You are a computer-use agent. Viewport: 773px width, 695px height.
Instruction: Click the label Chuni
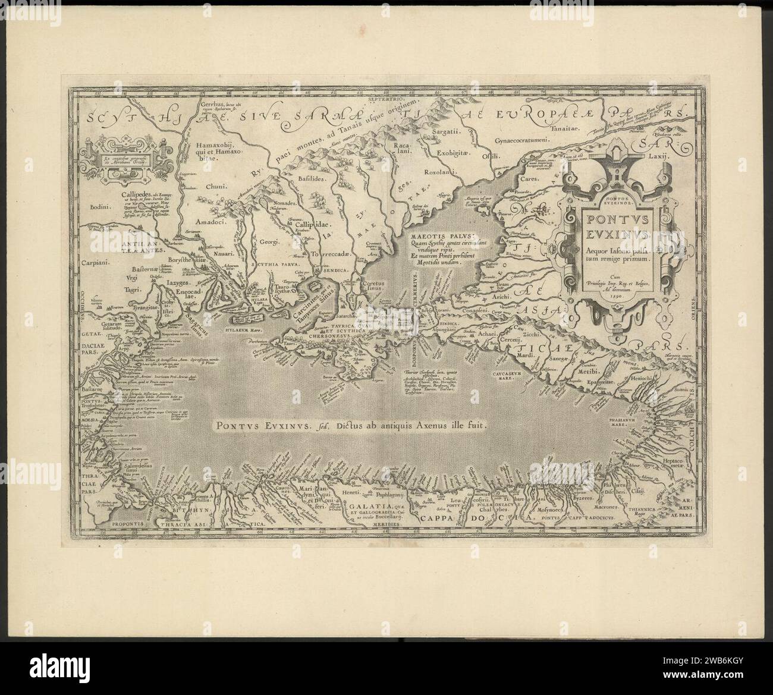213,186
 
